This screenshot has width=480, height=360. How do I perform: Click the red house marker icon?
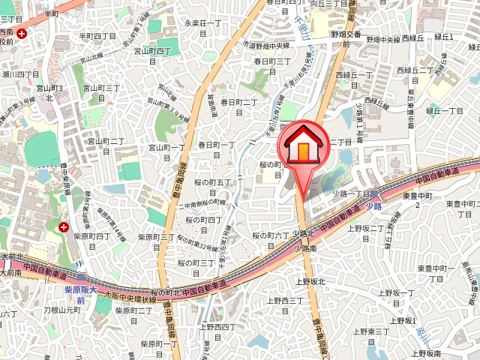pos(304,147)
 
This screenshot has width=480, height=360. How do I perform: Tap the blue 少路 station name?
pos(374,205)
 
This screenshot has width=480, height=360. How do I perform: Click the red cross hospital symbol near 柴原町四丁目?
pos(64,226)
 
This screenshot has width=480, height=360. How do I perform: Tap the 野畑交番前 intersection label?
pos(346,39)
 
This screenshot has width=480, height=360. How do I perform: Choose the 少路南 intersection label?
pos(306,247)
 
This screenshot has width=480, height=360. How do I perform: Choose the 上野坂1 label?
pos(402,320)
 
